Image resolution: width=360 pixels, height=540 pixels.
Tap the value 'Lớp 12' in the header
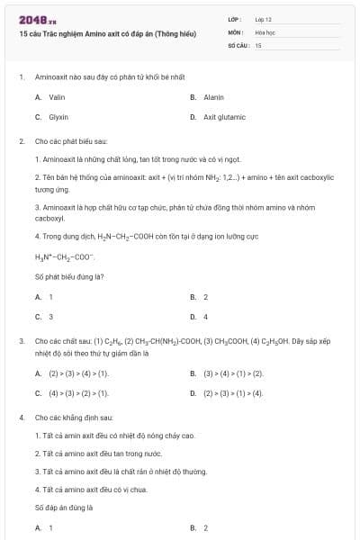pyautogui.click(x=263, y=18)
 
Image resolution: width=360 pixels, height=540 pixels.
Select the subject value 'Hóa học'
pyautogui.click(x=264, y=31)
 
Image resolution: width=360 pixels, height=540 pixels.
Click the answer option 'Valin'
pyautogui.click(x=57, y=96)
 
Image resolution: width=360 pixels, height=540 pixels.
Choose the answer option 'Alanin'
pyautogui.click(x=213, y=96)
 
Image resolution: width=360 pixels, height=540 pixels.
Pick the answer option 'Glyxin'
pyautogui.click(x=58, y=117)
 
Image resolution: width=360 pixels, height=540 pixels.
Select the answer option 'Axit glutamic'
pyautogui.click(x=224, y=117)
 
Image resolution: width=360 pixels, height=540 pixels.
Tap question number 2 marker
pyautogui.click(x=21, y=141)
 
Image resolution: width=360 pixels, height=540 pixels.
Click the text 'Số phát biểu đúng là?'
pyautogui.click(x=68, y=275)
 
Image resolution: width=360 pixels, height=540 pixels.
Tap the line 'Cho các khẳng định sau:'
pyautogui.click(x=73, y=418)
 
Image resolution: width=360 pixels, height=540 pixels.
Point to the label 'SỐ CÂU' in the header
pyautogui.click(x=238, y=44)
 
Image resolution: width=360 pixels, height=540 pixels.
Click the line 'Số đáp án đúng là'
pyautogui.click(x=64, y=507)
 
